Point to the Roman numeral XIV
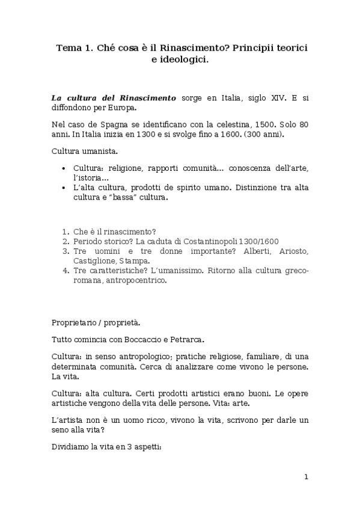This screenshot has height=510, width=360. click(x=267, y=97)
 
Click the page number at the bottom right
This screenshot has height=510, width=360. click(x=306, y=477)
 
